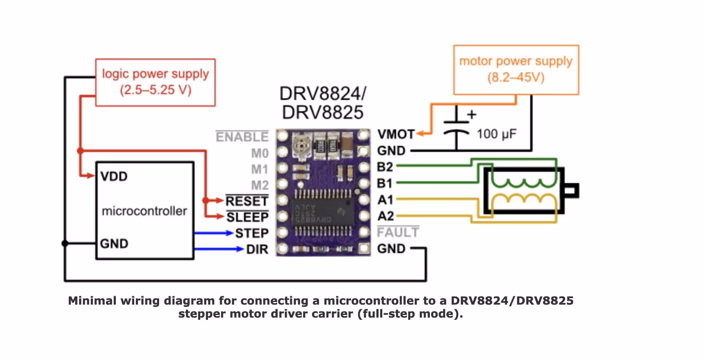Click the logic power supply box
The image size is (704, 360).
pos(155,82)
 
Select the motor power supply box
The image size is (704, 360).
pos(516,70)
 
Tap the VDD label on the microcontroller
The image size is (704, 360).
pos(114,177)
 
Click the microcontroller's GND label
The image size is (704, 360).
pos(114,244)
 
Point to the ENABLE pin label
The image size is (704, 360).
pos(242,137)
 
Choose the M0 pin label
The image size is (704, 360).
pos(260,153)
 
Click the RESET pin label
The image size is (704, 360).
pos(247,201)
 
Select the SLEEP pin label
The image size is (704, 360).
pos(247,217)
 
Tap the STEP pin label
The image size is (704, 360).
pos(252,233)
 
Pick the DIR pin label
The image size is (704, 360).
pos(257,249)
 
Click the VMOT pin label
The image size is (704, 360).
pos(396,134)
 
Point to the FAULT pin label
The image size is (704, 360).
pos(398,232)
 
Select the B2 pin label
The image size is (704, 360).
pos(385,167)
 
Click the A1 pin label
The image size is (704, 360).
pos(385,200)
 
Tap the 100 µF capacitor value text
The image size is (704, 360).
pos(496,134)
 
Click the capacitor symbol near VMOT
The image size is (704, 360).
pos(456,127)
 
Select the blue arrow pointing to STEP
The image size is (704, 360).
pos(214,233)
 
